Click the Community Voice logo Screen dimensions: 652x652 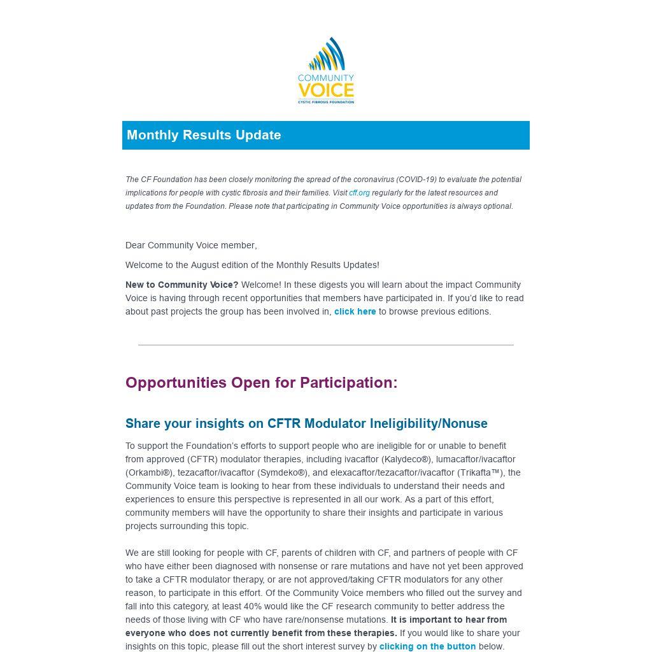(x=325, y=70)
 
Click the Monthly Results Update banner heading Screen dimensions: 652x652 (x=204, y=135)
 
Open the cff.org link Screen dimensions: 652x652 (x=359, y=193)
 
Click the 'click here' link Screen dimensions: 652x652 (x=355, y=311)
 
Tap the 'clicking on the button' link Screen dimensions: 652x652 (x=427, y=646)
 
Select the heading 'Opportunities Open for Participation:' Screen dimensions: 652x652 (x=261, y=383)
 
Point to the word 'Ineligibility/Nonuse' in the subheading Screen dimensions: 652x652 (x=428, y=423)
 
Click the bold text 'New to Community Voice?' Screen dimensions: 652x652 (x=181, y=285)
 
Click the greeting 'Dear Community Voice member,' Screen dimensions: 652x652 (x=191, y=245)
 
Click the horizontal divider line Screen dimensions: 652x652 (x=325, y=344)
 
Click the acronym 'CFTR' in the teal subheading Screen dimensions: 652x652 (x=284, y=423)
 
